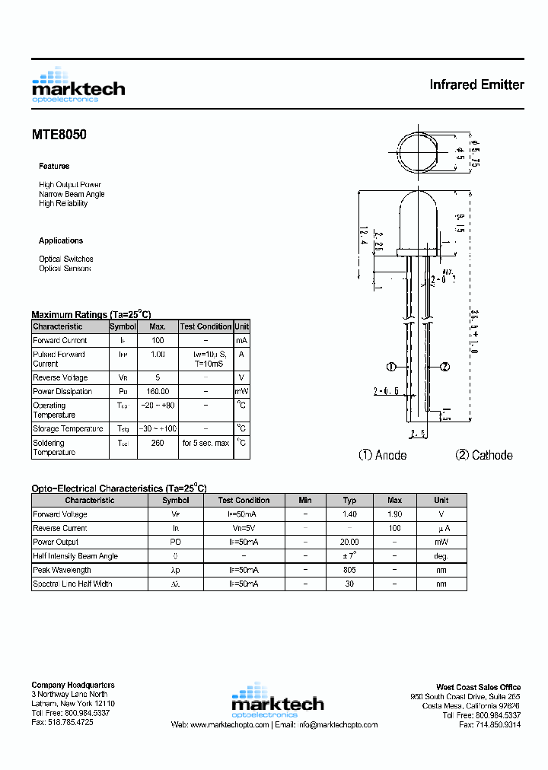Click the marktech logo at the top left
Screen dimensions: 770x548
point(78,85)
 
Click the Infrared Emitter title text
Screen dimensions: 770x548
point(476,84)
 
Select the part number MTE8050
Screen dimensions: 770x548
point(59,135)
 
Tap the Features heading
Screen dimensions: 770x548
point(54,166)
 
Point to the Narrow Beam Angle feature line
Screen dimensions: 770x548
point(72,194)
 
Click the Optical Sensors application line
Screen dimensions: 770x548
point(65,269)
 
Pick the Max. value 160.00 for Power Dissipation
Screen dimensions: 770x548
point(158,392)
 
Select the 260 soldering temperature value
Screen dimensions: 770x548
point(158,444)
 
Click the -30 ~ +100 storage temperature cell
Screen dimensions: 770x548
point(158,429)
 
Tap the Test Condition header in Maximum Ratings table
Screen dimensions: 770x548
point(205,326)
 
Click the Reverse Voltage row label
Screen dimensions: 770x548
point(60,378)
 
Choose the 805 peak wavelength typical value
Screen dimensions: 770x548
point(349,570)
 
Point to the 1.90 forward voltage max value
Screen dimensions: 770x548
point(394,514)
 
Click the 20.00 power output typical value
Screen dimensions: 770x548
point(349,542)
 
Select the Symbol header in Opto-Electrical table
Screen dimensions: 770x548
point(176,501)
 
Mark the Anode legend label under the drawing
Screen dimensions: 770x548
point(383,455)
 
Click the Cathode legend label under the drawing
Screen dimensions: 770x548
point(484,455)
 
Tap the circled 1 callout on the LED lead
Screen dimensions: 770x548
point(391,366)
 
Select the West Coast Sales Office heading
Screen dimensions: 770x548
point(478,687)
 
